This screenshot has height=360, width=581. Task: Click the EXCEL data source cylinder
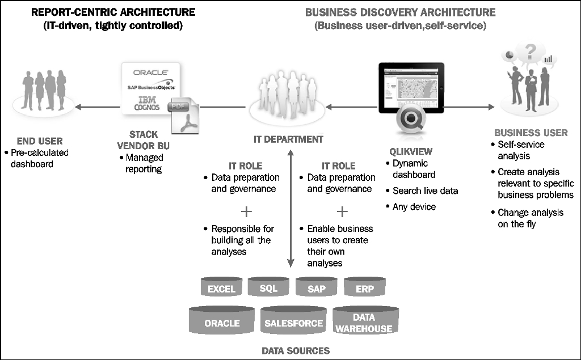coord(221,287)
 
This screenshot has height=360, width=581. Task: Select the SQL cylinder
coord(268,287)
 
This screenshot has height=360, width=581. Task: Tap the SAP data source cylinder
coord(317,287)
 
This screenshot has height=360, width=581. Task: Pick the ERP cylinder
coord(364,287)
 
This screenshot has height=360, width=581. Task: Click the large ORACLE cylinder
coord(222,321)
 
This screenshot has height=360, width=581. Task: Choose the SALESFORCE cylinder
coord(293,321)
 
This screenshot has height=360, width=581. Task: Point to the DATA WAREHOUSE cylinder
coord(364,321)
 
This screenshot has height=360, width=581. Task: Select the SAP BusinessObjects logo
coord(150,87)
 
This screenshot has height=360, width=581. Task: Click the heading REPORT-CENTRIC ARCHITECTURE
coord(113,12)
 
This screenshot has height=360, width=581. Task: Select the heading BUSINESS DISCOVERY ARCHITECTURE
coord(400,12)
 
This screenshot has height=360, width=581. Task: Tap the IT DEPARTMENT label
coord(288,139)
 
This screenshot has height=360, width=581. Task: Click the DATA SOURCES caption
coord(293,350)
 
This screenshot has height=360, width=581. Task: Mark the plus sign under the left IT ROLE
coord(246,211)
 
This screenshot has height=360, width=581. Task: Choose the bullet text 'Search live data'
coord(425,190)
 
